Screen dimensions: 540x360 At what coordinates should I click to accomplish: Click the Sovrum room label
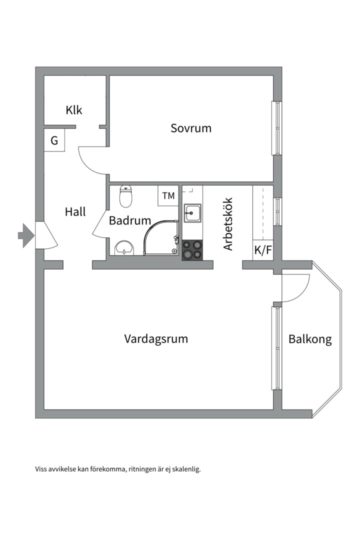click(x=191, y=128)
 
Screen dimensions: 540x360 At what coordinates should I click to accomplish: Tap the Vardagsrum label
click(x=156, y=339)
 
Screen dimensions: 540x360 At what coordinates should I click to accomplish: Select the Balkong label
click(x=310, y=339)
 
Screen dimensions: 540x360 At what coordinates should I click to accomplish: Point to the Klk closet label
click(x=74, y=110)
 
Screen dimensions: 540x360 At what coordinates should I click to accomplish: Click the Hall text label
click(x=75, y=212)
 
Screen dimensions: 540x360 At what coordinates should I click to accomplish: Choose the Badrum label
click(x=130, y=220)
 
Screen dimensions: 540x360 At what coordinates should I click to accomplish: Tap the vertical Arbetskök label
click(x=228, y=224)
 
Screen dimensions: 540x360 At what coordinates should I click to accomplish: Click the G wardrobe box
click(x=54, y=141)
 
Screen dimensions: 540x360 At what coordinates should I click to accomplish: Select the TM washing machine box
click(x=168, y=195)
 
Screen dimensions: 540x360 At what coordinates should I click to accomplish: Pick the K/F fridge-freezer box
click(x=263, y=250)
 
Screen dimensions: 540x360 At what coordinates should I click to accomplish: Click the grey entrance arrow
click(x=25, y=235)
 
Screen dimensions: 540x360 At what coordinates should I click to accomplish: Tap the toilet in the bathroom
click(x=126, y=196)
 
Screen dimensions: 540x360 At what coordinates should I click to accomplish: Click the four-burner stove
click(x=192, y=250)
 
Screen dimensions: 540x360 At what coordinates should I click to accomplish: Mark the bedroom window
click(x=276, y=128)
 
